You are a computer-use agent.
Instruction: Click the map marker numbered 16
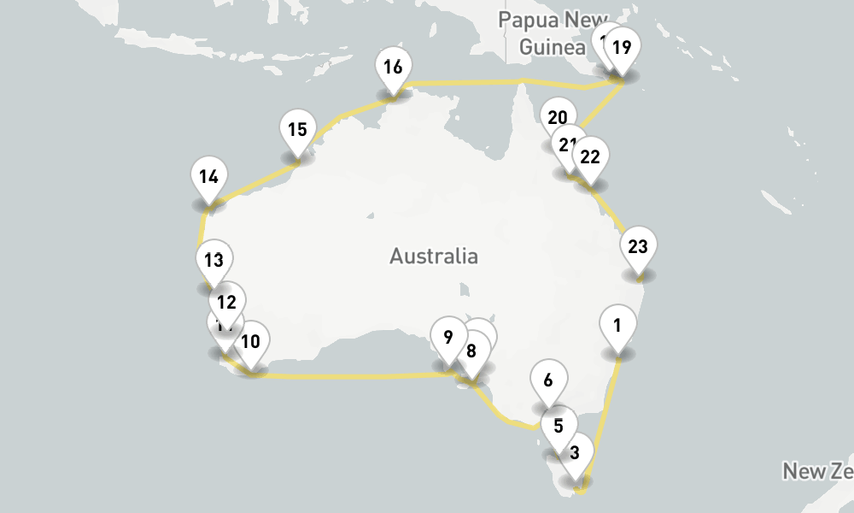pos(393,68)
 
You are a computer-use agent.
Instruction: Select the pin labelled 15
pos(297,131)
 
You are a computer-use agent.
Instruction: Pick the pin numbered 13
pos(213,260)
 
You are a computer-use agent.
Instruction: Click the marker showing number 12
pos(227,302)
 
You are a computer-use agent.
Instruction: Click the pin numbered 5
pos(559,426)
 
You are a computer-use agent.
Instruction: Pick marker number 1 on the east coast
pos(617,325)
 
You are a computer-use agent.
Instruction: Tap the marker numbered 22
pos(590,157)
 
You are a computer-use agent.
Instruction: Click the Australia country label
pos(434,256)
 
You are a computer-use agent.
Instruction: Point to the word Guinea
pos(552,47)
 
